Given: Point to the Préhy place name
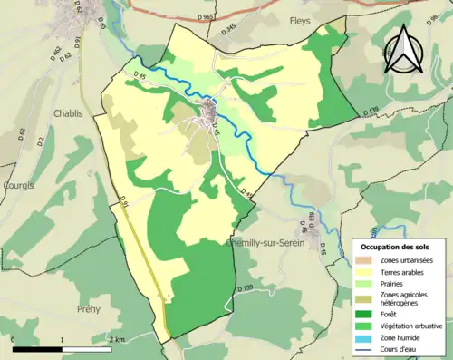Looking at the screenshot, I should (x=89, y=308).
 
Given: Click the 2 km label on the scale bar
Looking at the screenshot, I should (x=116, y=339).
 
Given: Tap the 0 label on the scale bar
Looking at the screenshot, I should (x=14, y=339).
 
